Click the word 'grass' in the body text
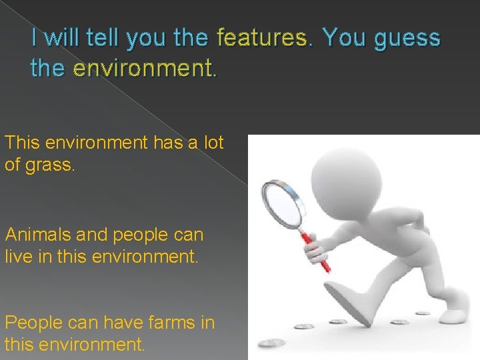50,164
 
